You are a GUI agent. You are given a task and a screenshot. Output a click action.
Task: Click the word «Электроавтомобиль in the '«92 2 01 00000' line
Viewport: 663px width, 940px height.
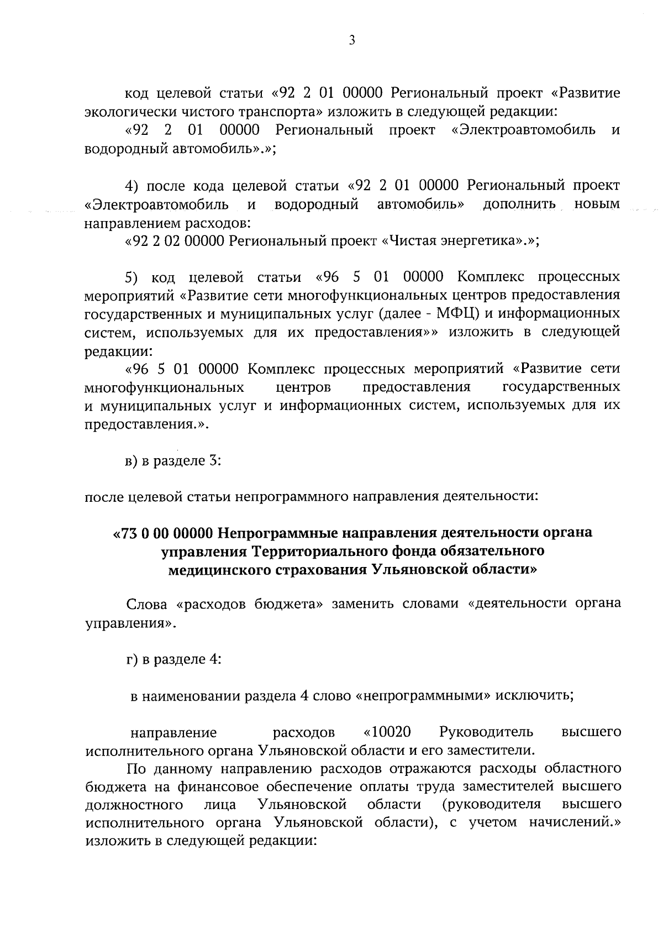[523, 130]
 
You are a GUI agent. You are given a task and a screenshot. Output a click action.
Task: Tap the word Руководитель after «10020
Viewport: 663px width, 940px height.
[486, 732]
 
